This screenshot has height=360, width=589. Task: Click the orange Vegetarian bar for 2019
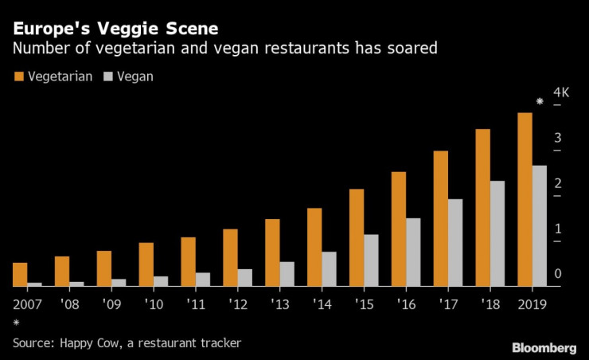pos(525,199)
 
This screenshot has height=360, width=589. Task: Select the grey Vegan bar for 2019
pos(540,225)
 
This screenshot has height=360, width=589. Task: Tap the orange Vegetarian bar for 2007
pos(20,274)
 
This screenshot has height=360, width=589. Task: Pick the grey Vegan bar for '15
pos(371,260)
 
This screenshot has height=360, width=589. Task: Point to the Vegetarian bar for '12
pos(230,257)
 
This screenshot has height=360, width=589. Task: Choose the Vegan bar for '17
pos(455,242)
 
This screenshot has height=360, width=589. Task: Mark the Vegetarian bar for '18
pos(482,207)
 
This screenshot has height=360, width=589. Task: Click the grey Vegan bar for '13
pos(287,273)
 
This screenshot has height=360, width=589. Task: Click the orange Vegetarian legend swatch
pos(18,76)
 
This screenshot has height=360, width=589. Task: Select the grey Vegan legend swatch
pos(107,76)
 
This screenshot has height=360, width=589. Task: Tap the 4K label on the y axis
pos(562,92)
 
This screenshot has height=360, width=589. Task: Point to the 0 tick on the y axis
pos(558,274)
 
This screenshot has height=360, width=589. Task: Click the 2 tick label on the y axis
pos(558,183)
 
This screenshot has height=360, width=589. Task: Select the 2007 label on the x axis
pos(28,304)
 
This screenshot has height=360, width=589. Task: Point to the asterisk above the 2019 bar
pos(540,102)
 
